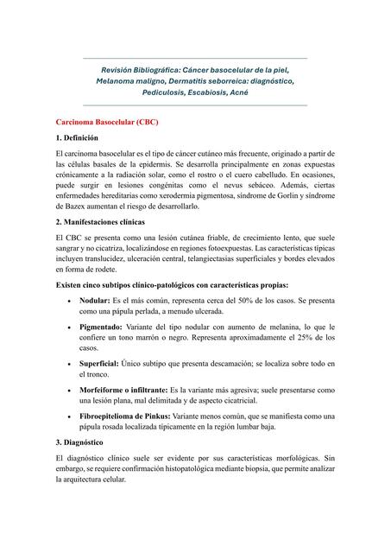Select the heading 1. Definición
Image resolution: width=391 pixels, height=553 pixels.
point(84,137)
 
